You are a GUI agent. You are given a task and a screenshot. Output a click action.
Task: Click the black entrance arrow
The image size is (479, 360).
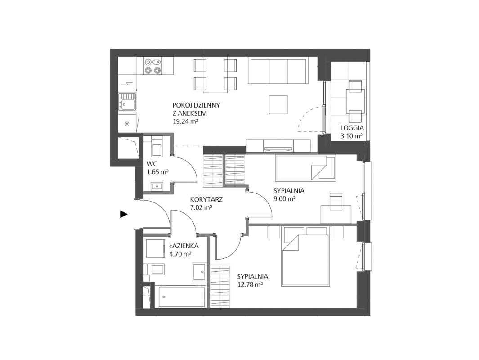[x=123, y=215]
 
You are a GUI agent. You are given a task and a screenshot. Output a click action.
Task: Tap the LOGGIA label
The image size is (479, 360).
[x=352, y=128]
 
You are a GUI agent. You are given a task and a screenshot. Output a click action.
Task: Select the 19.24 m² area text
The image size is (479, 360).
[x=186, y=121]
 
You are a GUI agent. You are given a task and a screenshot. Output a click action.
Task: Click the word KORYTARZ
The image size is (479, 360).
[x=206, y=199]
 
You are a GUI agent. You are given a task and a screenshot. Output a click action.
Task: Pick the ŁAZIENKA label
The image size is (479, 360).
[x=184, y=246]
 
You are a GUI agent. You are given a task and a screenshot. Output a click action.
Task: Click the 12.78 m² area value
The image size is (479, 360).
[x=250, y=285]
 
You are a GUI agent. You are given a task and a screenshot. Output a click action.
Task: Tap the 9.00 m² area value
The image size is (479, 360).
[x=284, y=199]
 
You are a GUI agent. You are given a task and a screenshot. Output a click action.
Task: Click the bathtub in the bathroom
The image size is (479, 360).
[x=180, y=297]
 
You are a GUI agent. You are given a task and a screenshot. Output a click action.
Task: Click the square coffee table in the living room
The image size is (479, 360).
[x=278, y=105]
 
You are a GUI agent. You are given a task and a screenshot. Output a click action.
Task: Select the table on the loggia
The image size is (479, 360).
[x=355, y=101]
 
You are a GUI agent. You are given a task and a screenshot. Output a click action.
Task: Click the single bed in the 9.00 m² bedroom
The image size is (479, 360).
[x=305, y=168]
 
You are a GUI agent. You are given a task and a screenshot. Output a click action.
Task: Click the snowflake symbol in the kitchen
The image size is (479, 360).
[x=127, y=124]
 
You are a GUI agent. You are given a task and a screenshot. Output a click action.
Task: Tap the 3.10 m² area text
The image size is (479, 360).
[x=352, y=136]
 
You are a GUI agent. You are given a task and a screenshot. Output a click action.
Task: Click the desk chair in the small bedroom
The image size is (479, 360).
[x=336, y=202]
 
